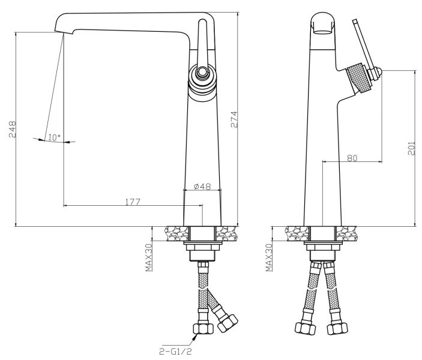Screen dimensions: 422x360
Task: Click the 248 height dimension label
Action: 13,130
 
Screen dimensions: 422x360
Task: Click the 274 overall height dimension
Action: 234,119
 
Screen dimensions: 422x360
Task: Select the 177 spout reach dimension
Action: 133,202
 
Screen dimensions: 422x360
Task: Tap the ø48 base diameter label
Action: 202,186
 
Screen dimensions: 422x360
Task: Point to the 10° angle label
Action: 55,138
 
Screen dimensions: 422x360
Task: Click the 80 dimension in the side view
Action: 352,158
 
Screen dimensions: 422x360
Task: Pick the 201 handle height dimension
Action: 412,148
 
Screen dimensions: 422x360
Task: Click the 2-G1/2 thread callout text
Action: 175,351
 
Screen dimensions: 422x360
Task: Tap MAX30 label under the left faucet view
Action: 149,257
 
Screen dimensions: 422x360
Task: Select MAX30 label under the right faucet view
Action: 269,257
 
